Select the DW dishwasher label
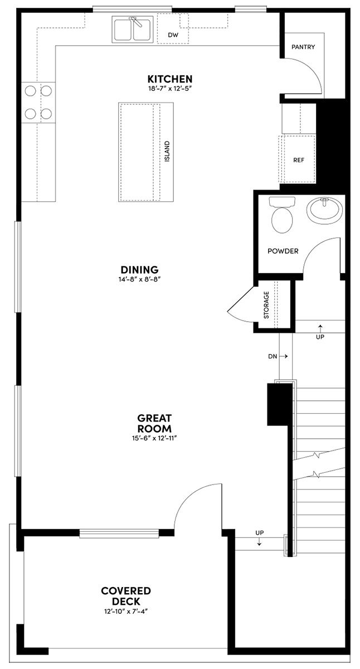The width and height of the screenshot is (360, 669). tap(173, 35)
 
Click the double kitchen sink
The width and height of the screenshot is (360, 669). tap(133, 29)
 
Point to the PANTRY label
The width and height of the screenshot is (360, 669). tap(303, 47)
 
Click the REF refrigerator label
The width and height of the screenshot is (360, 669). tap(298, 159)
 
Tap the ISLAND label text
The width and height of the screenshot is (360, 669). tap(167, 152)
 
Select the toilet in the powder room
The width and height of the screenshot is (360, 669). tap(283, 216)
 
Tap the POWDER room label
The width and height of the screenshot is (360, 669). tap(283, 251)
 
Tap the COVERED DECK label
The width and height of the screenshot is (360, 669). tap(126, 596)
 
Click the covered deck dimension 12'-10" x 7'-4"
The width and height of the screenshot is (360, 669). tap(126, 611)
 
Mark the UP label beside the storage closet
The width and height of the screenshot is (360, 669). tap(320, 337)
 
